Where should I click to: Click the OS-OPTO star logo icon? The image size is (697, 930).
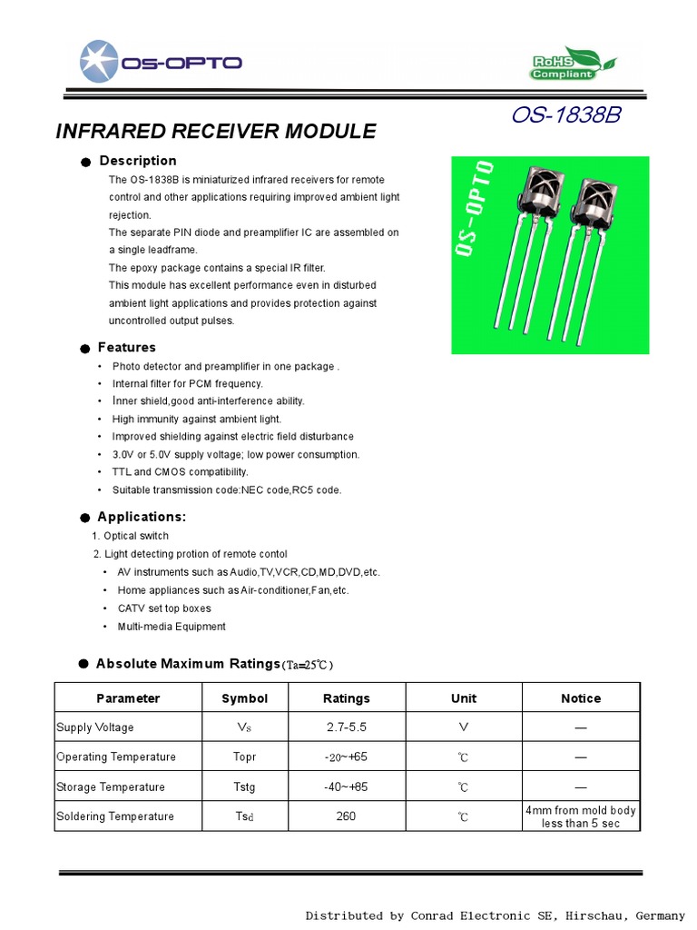(99, 62)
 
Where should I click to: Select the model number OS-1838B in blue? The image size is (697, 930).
(565, 116)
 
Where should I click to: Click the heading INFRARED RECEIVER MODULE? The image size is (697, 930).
(215, 131)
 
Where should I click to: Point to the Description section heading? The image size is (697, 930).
(137, 161)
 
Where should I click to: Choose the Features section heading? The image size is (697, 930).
(126, 347)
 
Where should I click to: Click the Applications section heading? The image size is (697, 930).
(141, 517)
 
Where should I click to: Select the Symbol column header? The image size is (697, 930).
(244, 698)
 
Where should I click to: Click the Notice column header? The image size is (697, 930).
(580, 698)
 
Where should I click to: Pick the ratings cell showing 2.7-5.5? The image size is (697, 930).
(346, 727)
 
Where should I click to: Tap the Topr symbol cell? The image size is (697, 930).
(244, 757)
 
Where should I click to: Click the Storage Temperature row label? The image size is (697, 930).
(111, 787)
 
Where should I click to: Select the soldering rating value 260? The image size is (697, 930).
(346, 816)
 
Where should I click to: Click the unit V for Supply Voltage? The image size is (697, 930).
(463, 727)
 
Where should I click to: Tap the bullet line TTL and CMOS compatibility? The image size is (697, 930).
(180, 472)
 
